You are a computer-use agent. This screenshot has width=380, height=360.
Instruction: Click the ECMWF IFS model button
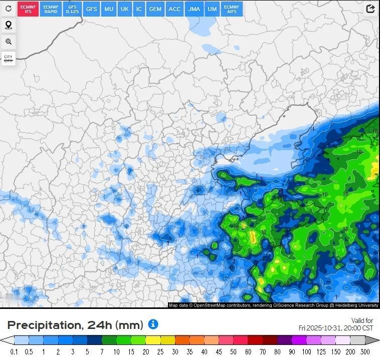[x=28, y=9]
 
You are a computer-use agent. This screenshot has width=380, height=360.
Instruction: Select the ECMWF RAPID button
[x=51, y=9]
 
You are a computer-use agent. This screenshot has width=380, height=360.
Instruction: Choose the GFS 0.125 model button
[x=72, y=9]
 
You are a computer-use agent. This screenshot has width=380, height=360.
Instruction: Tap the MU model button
[x=109, y=9]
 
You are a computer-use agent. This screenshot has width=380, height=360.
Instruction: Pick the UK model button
[x=125, y=9]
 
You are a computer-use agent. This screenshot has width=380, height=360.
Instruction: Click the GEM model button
[x=155, y=9]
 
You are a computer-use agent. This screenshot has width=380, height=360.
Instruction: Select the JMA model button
[x=194, y=9]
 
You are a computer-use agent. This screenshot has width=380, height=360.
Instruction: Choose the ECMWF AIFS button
[x=232, y=9]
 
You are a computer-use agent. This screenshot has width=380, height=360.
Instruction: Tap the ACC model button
[x=174, y=9]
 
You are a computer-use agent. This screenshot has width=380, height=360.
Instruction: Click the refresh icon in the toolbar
[x=8, y=9]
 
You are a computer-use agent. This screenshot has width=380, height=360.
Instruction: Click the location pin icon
[x=8, y=25]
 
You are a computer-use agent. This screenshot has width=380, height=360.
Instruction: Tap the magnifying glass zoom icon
[x=8, y=42]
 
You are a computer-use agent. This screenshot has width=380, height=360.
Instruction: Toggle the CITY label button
[x=8, y=59]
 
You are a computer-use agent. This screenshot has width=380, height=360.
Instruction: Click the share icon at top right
[x=370, y=9]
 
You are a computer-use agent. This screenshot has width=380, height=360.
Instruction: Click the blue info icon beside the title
[x=153, y=324]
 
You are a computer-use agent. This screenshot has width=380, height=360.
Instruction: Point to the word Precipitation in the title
[x=42, y=325]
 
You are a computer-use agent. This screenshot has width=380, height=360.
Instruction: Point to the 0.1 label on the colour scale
[x=14, y=352]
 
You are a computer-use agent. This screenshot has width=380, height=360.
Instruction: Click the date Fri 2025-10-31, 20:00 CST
[x=336, y=328]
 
